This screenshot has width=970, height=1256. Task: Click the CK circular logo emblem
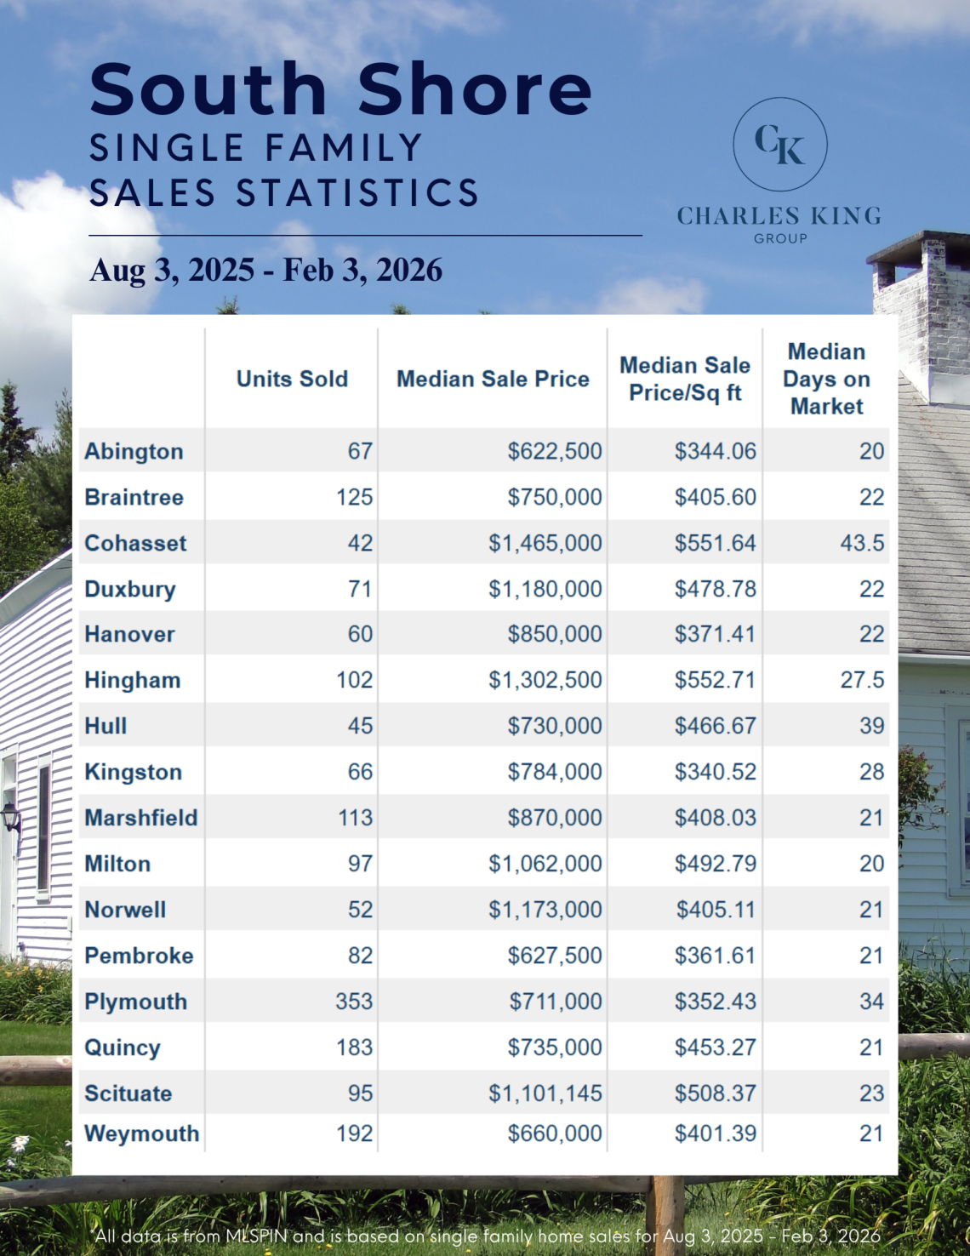(x=779, y=144)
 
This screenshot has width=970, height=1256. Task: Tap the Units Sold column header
(x=292, y=379)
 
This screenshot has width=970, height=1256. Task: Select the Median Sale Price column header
(x=493, y=379)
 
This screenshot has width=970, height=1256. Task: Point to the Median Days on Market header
(x=826, y=379)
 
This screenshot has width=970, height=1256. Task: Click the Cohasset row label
(x=135, y=543)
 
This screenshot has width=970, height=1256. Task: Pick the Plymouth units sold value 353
(x=354, y=1002)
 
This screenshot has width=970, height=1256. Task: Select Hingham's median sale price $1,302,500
(x=545, y=680)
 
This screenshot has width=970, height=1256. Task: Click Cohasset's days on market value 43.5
(x=862, y=543)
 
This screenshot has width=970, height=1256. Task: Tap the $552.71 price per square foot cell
(x=715, y=680)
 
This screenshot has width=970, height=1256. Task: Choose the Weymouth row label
(x=141, y=1133)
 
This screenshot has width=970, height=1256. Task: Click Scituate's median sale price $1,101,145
(x=545, y=1093)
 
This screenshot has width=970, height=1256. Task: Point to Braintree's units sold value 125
(x=354, y=497)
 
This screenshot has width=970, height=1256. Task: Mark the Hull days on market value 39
(x=871, y=726)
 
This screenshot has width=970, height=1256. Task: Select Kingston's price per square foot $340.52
(x=715, y=772)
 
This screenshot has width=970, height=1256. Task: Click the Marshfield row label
(x=140, y=818)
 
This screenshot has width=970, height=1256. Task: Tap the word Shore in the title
(x=474, y=89)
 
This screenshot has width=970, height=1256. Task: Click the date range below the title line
(x=265, y=271)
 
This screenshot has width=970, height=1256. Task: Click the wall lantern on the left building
(x=11, y=818)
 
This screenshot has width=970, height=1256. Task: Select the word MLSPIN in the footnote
(x=256, y=1236)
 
